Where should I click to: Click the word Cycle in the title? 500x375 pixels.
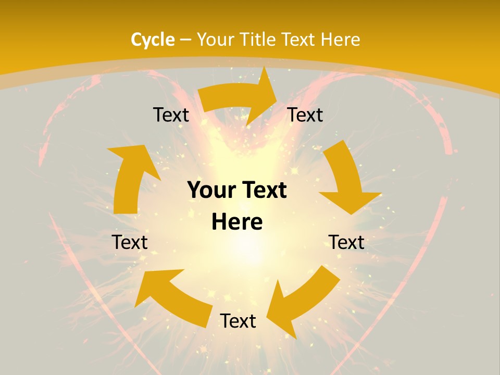click(x=153, y=40)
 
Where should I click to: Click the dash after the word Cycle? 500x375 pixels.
click(x=185, y=40)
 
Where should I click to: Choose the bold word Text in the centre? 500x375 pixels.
click(x=263, y=191)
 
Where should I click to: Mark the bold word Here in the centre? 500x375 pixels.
click(x=237, y=222)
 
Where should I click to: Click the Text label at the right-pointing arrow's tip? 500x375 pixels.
click(x=305, y=115)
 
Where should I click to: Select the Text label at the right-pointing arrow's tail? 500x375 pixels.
click(x=171, y=115)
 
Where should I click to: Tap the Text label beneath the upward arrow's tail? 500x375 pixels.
click(x=130, y=242)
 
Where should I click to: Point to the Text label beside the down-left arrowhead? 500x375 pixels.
click(x=238, y=321)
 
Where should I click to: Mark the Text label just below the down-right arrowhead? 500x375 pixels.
click(x=346, y=242)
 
